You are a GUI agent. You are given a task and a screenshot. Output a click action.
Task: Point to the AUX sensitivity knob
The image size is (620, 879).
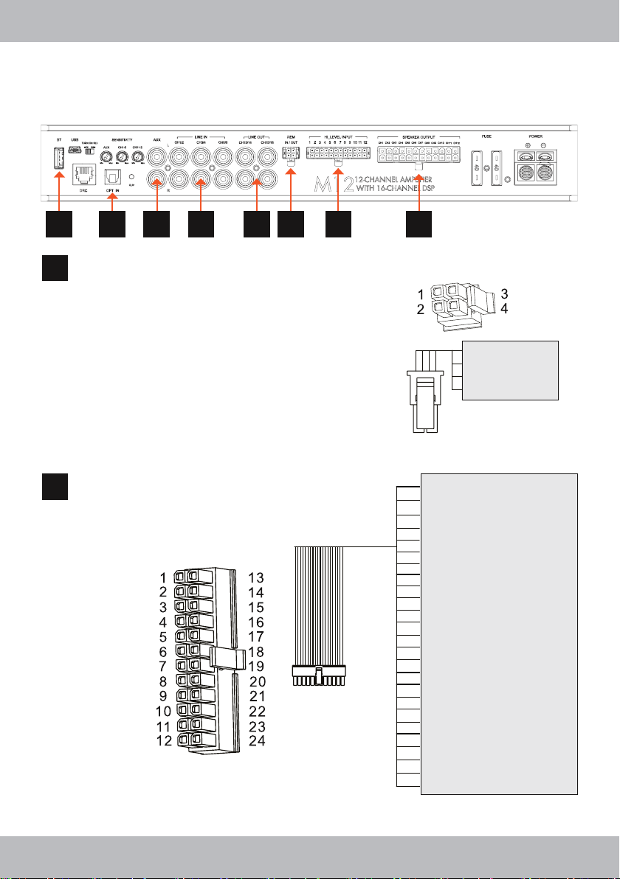(106, 157)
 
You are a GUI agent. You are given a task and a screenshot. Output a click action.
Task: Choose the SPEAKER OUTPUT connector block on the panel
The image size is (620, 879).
(418, 156)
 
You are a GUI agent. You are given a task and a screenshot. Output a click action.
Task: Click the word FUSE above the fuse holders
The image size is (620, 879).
(485, 136)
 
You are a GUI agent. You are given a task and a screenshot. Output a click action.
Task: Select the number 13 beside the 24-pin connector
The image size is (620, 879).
(255, 577)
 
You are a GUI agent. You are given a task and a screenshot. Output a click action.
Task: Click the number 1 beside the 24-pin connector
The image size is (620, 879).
(162, 577)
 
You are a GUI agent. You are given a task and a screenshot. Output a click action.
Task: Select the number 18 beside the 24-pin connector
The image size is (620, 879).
(255, 652)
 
